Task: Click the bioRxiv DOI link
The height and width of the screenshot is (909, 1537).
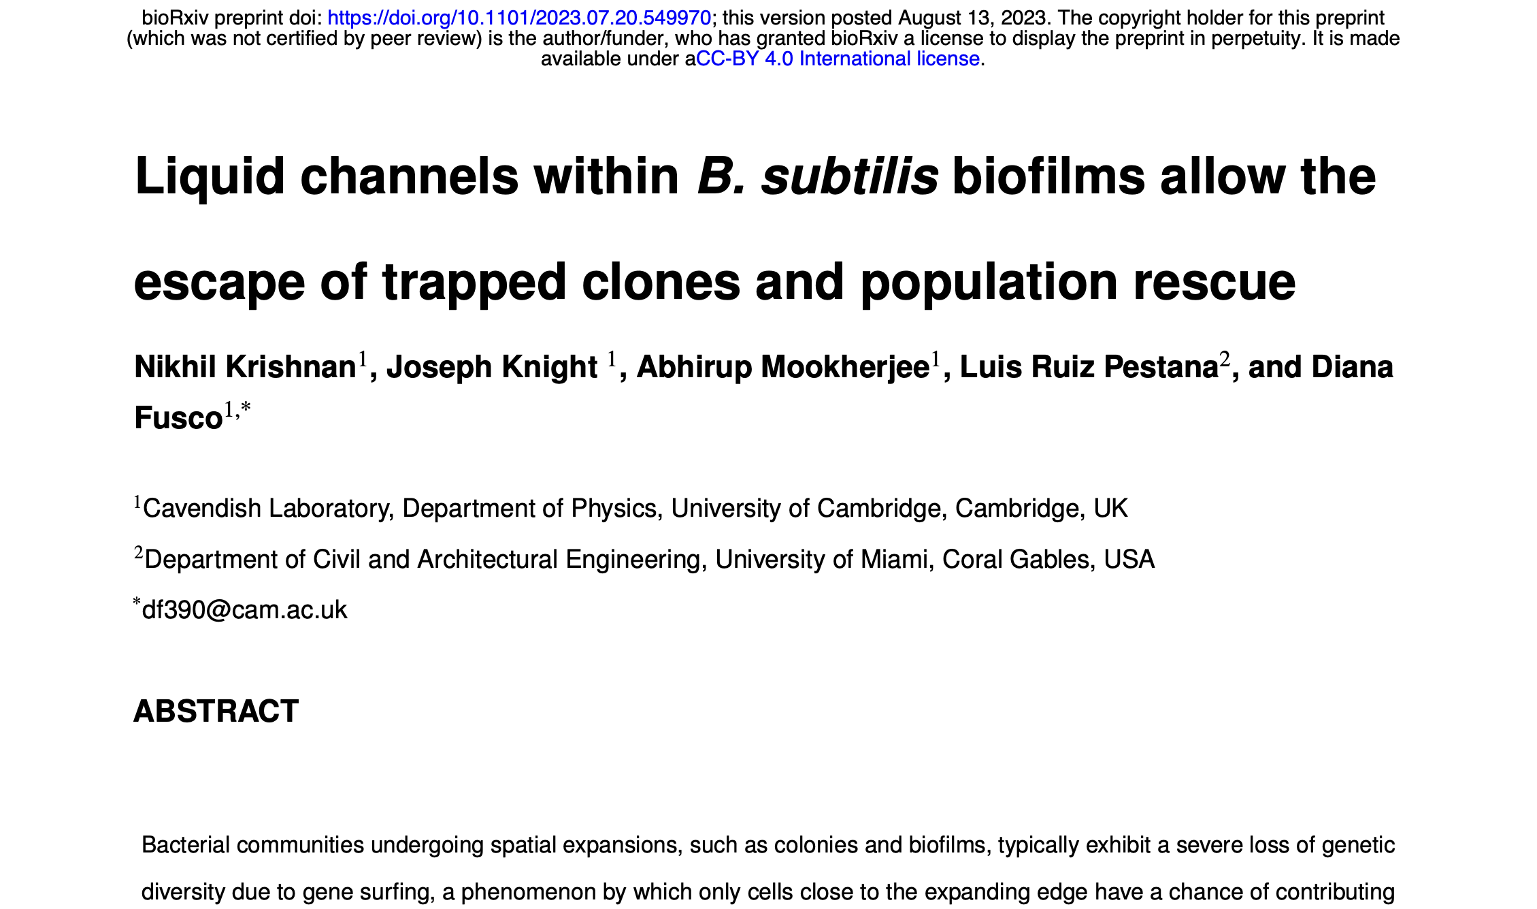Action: coord(519,18)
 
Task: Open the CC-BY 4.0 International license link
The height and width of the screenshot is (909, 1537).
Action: coord(838,59)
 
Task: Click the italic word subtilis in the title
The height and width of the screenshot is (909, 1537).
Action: coord(850,176)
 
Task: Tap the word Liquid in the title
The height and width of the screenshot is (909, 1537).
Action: coord(210,176)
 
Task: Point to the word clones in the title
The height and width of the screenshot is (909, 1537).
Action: coord(661,281)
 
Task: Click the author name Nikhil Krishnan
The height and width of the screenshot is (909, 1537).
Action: coord(245,367)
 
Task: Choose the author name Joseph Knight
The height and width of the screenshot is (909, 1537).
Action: coord(491,367)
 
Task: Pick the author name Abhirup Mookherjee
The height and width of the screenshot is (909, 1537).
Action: coord(782,367)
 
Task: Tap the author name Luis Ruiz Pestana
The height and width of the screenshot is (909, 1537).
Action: coord(1089,367)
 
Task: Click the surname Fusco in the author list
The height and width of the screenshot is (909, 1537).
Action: coord(178,418)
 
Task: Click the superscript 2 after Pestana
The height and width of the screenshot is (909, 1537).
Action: coord(1225,360)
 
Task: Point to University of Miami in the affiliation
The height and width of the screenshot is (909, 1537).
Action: coord(821,560)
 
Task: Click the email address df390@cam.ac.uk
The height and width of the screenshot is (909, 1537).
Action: coord(244,610)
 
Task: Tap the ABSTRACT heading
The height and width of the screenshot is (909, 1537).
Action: coord(216,712)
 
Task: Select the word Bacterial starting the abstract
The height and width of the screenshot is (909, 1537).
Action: coord(184,845)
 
